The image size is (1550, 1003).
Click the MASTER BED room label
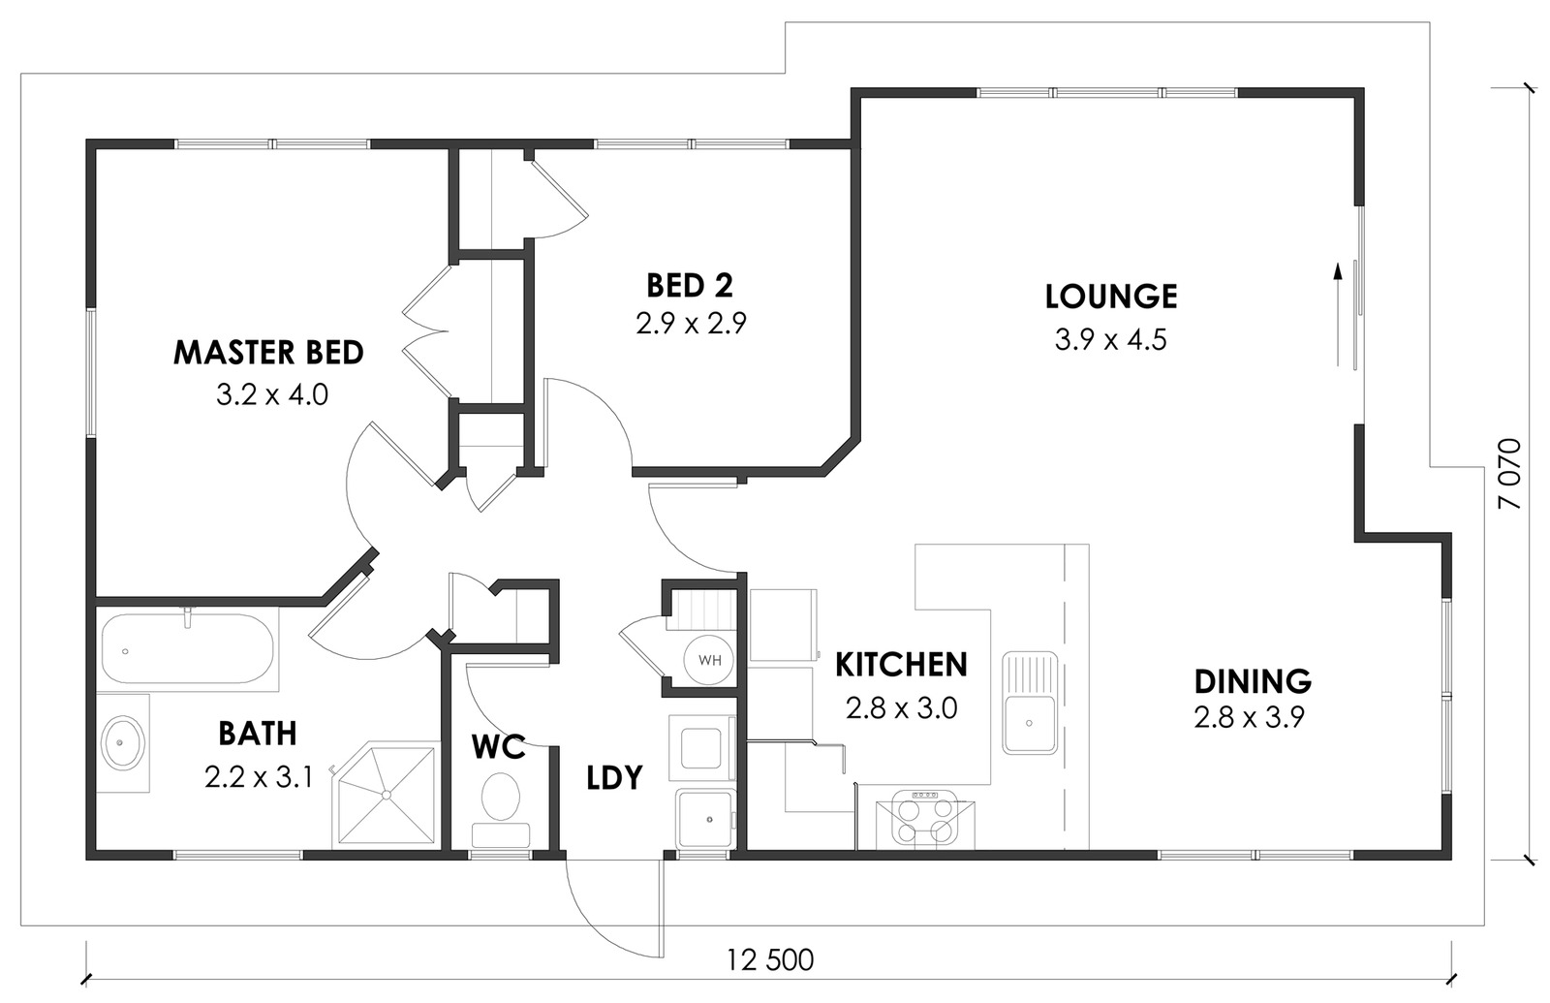pyautogui.click(x=268, y=353)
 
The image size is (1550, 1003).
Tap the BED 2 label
pyautogui.click(x=689, y=286)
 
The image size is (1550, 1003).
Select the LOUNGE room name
pyautogui.click(x=1110, y=297)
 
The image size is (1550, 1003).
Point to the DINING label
pyautogui.click(x=1253, y=681)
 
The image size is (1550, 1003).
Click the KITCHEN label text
pyautogui.click(x=901, y=665)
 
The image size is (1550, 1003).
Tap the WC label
pyautogui.click(x=498, y=747)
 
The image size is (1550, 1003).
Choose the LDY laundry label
pyautogui.click(x=614, y=777)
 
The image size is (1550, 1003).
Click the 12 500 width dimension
pyautogui.click(x=769, y=960)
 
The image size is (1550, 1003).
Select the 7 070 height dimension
pyautogui.click(x=1510, y=474)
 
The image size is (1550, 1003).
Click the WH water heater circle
pyautogui.click(x=709, y=660)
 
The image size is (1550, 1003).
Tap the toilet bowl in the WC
pyautogui.click(x=500, y=797)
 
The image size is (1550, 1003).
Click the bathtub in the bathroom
pyautogui.click(x=188, y=648)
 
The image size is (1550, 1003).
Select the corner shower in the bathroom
pyautogui.click(x=387, y=795)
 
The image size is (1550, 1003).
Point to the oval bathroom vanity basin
pyautogui.click(x=122, y=742)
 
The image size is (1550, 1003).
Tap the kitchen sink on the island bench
pyautogui.click(x=1030, y=703)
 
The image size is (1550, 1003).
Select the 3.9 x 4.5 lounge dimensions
pyautogui.click(x=1110, y=340)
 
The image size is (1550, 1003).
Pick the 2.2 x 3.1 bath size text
pyautogui.click(x=259, y=776)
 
